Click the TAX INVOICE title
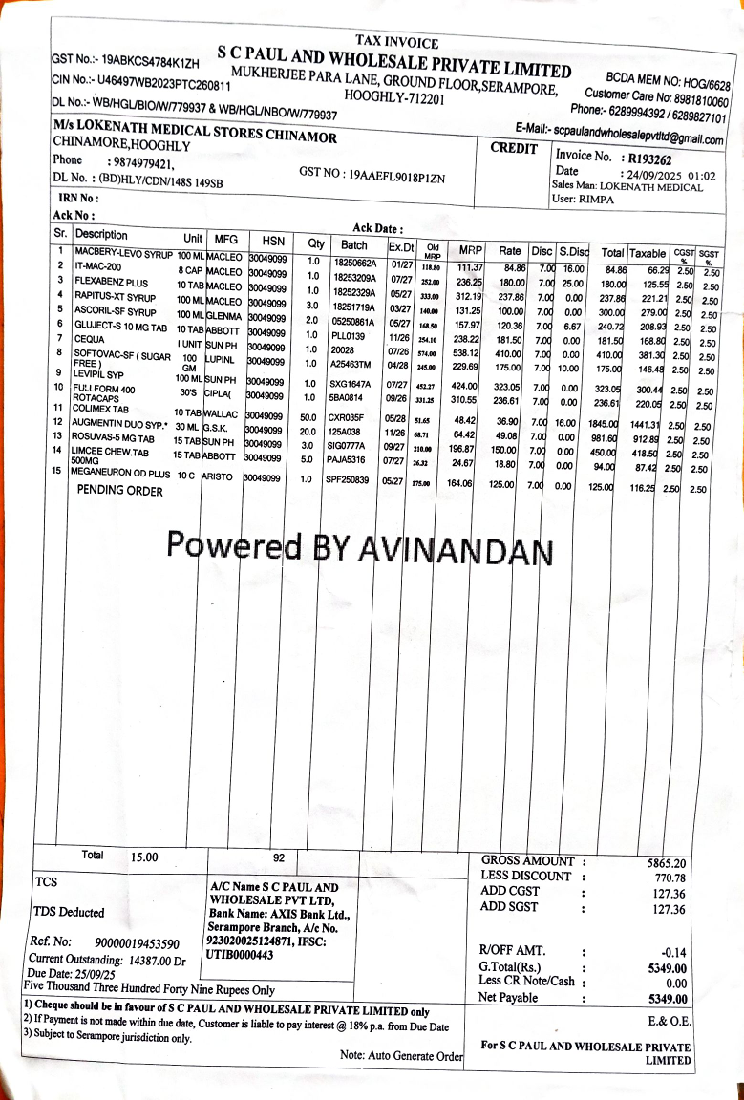pyautogui.click(x=396, y=42)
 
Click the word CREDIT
pyautogui.click(x=513, y=148)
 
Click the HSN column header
pyautogui.click(x=265, y=240)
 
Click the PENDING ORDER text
pyautogui.click(x=120, y=491)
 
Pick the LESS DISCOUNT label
pyautogui.click(x=526, y=876)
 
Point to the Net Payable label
pyautogui.click(x=508, y=998)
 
